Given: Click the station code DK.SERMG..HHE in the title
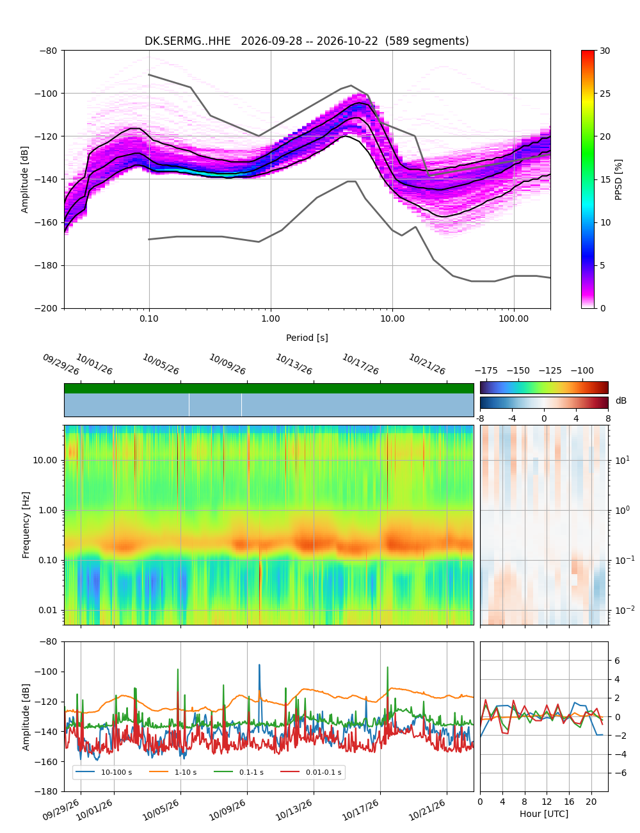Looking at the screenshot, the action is (x=187, y=41).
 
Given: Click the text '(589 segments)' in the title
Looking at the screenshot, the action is (x=426, y=41).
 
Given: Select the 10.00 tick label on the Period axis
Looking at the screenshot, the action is (x=392, y=318).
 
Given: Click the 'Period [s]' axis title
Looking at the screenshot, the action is (x=307, y=338).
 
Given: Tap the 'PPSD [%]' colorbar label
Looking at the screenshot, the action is (x=618, y=179).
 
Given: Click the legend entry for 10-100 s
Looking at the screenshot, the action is (x=103, y=771).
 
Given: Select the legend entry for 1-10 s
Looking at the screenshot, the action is (x=177, y=771).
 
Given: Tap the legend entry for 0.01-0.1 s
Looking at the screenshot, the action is (x=311, y=771).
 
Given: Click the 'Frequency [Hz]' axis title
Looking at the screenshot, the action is (x=26, y=525).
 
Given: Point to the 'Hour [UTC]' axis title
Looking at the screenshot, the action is (x=543, y=813).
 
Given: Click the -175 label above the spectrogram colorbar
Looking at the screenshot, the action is (x=486, y=371).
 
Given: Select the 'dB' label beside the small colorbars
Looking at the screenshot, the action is (x=621, y=400).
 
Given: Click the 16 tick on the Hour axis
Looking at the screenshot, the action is (x=569, y=802).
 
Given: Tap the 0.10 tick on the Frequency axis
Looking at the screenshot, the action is (x=49, y=560).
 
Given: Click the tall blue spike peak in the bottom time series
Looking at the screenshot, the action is (x=259, y=664).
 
